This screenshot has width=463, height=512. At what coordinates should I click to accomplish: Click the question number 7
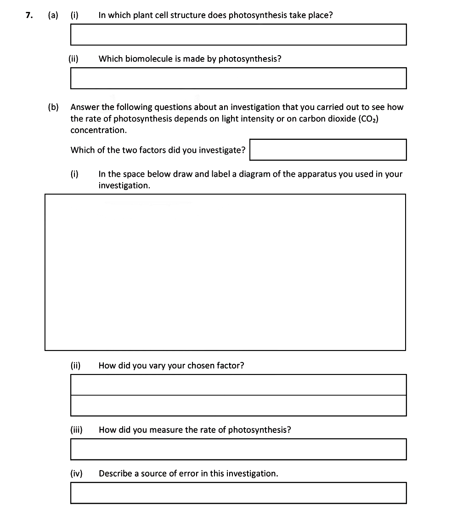[29, 15]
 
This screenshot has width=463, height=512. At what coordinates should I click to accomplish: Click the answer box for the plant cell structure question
[238, 35]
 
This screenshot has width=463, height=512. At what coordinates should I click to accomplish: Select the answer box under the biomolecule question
[238, 78]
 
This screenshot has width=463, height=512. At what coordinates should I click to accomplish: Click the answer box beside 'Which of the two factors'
[328, 150]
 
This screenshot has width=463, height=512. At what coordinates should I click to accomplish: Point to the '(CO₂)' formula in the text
[367, 119]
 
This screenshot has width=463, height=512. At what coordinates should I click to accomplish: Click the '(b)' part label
[53, 107]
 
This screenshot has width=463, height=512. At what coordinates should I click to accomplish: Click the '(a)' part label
[53, 15]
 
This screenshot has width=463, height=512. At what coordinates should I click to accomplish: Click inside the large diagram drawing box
[225, 272]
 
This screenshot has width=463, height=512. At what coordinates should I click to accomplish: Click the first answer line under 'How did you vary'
[238, 385]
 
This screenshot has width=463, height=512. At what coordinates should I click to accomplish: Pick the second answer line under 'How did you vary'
[238, 406]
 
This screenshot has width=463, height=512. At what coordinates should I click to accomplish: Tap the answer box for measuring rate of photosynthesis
[238, 449]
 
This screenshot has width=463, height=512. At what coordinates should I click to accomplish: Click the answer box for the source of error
[238, 493]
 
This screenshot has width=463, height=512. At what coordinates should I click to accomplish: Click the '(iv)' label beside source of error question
[76, 473]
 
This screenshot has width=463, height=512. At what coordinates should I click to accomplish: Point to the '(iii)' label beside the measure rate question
[76, 430]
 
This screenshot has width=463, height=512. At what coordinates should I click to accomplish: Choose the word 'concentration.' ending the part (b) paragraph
[99, 130]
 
